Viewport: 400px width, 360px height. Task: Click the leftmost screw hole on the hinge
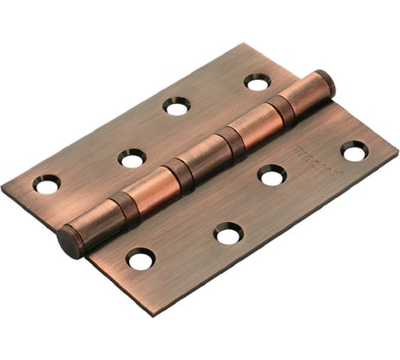(47, 184)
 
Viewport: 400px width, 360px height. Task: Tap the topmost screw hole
(257, 82)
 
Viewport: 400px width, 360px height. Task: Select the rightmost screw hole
(354, 151)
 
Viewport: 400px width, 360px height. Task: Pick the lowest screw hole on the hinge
(141, 258)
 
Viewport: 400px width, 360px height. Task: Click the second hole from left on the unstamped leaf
(133, 158)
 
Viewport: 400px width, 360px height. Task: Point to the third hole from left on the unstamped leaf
(177, 106)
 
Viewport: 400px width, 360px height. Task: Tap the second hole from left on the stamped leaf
(229, 232)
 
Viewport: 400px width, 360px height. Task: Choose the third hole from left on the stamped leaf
(272, 175)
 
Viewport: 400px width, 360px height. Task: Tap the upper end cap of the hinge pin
(325, 84)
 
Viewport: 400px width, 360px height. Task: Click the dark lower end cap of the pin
(70, 240)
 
